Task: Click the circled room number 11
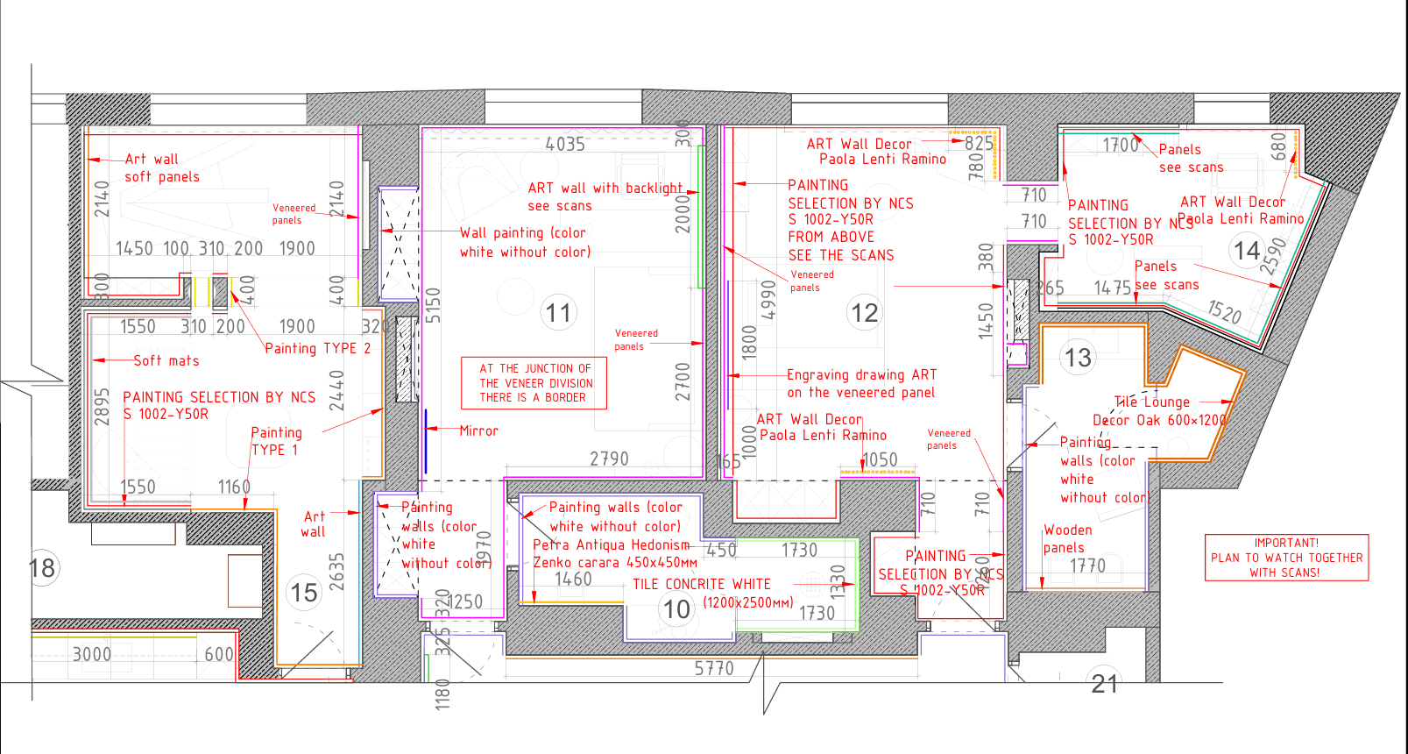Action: click(x=558, y=313)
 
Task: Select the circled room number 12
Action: click(x=864, y=313)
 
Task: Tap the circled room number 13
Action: click(x=1078, y=358)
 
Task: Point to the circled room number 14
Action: click(x=1246, y=251)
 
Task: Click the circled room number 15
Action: click(x=304, y=593)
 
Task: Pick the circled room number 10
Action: click(x=676, y=609)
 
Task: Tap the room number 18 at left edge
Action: click(x=41, y=568)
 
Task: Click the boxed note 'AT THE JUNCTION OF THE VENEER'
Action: click(x=535, y=383)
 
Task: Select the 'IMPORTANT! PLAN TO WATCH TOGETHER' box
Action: click(x=1286, y=558)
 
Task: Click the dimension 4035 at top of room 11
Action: click(x=564, y=144)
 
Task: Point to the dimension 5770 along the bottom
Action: click(x=713, y=668)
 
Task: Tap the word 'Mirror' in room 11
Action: click(x=478, y=430)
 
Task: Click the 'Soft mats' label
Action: click(x=166, y=360)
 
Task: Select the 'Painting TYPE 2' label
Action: click(x=317, y=348)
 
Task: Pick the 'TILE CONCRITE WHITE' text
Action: click(x=702, y=584)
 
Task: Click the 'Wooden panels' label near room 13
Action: click(x=1066, y=538)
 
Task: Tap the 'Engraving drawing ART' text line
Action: click(x=861, y=374)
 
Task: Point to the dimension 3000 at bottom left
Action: click(x=91, y=654)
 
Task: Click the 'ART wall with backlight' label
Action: click(x=605, y=188)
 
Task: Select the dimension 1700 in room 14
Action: click(x=1120, y=146)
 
